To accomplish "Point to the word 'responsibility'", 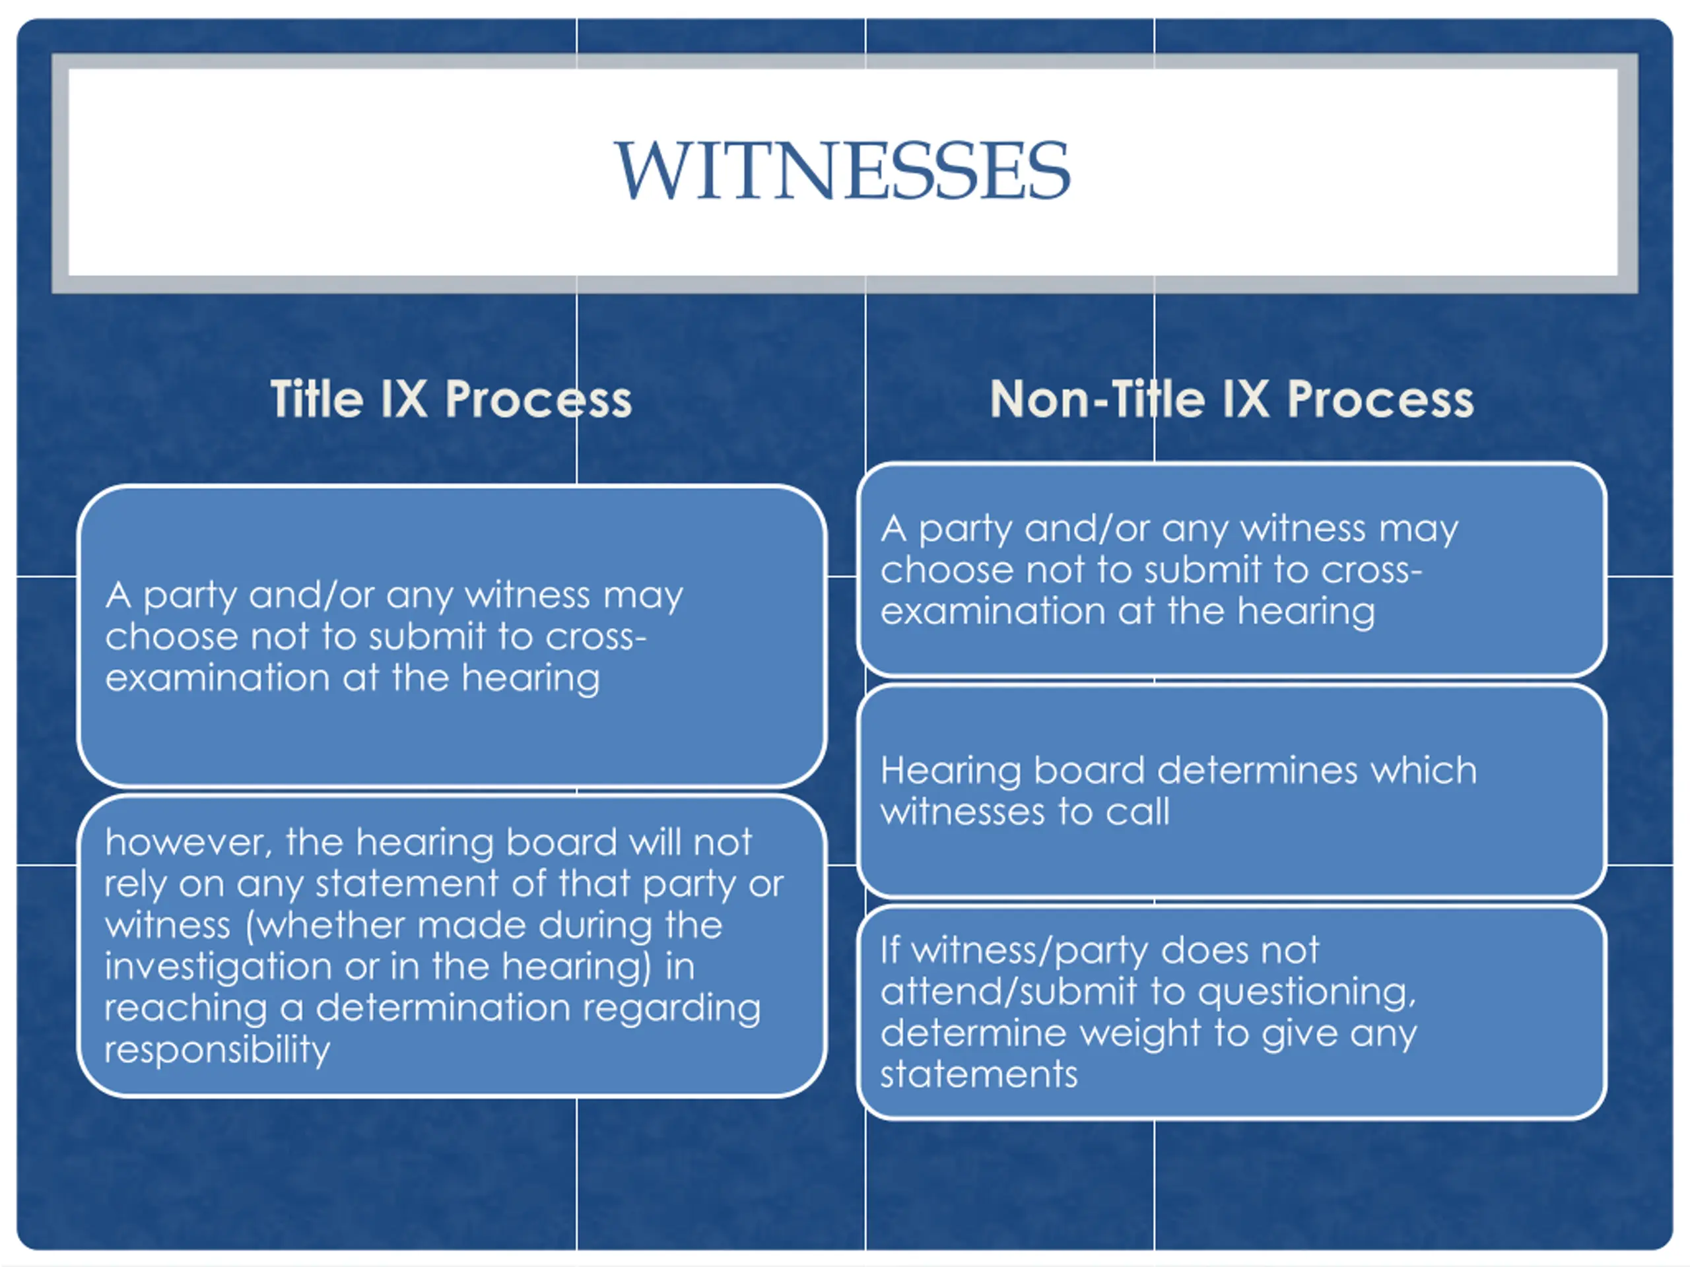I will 217,1049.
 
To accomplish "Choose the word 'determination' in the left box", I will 443,1008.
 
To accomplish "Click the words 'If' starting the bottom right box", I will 890,950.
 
